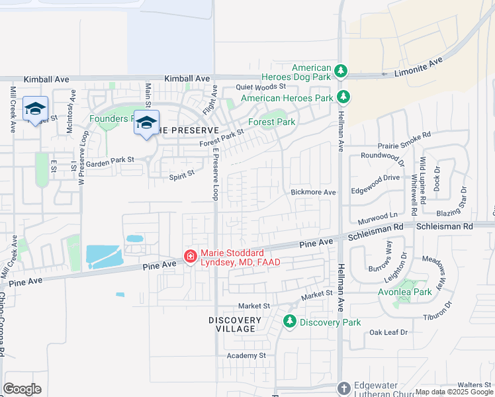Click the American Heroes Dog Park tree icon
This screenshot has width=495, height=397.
341,71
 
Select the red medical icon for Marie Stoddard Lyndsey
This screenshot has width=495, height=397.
189,256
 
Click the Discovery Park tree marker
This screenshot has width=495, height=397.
289,322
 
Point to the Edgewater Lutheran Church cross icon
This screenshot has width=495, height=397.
343,388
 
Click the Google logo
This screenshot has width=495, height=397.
22,388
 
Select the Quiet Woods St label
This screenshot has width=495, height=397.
261,86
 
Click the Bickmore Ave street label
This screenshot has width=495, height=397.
314,192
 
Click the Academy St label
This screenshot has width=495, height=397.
246,355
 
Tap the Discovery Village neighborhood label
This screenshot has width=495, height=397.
232,324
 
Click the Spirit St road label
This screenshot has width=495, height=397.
182,173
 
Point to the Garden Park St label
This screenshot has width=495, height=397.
110,161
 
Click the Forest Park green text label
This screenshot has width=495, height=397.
271,122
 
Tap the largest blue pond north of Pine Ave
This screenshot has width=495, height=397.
103,255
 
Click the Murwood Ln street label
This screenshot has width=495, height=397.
378,216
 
